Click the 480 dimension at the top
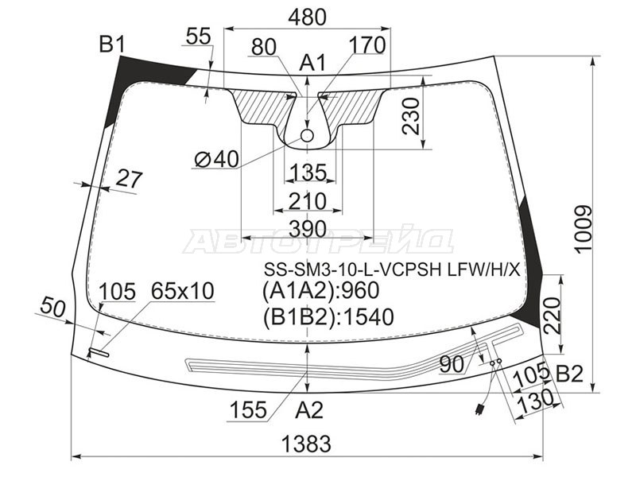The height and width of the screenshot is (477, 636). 307,17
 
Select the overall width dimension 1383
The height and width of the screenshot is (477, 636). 306,444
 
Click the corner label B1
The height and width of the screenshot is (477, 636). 112,45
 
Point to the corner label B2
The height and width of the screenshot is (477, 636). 569,374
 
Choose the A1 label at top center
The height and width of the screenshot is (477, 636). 312,64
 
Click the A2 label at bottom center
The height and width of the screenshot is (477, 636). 309,410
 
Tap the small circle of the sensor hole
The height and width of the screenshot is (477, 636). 308,135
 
